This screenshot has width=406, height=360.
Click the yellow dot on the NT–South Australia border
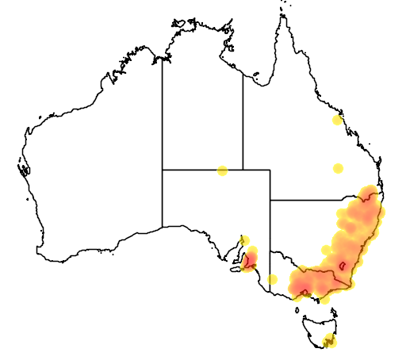[x=222, y=170]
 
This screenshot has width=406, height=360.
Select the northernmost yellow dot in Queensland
[x=337, y=121]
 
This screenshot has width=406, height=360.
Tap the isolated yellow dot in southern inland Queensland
[x=338, y=168]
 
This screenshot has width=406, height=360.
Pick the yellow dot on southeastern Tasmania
[x=330, y=343]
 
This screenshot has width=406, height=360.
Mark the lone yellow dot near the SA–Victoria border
[x=273, y=279]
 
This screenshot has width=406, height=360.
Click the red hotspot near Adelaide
[x=251, y=259]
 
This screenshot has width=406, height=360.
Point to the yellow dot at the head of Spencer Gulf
[x=244, y=240]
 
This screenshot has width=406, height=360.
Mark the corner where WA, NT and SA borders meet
[x=163, y=170]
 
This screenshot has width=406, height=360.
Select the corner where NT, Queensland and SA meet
[x=243, y=170]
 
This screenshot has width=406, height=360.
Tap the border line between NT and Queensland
[x=243, y=119]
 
